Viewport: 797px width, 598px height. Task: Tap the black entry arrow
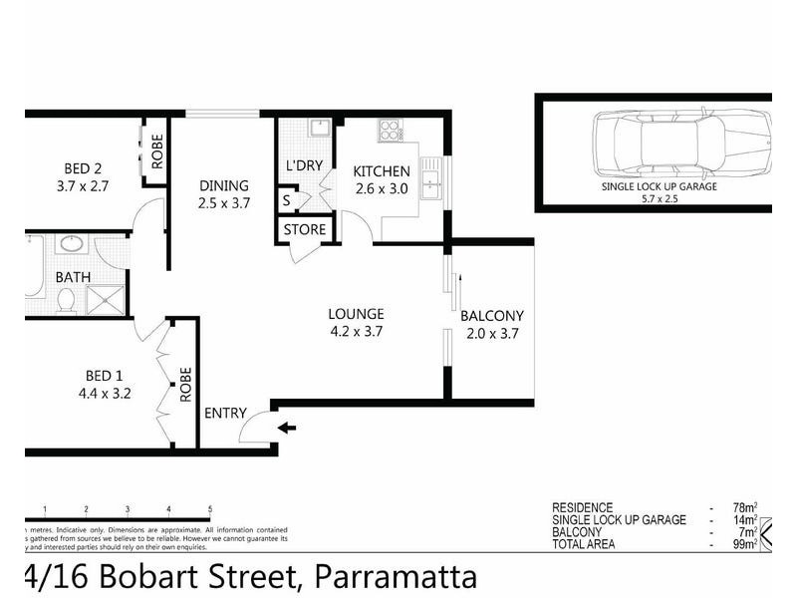287,429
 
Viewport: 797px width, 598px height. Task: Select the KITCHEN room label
382,171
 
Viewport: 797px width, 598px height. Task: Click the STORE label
305,229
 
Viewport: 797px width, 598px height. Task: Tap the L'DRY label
303,165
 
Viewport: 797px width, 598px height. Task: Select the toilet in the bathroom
67,299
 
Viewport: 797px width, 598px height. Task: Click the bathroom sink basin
71,244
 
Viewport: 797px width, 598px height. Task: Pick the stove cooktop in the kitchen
389,130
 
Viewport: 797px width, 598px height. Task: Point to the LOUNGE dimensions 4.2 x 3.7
356,331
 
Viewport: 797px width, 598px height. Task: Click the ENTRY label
224,414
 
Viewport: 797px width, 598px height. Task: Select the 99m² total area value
740,544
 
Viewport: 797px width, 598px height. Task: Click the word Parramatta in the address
396,577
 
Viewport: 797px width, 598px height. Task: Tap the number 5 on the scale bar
210,508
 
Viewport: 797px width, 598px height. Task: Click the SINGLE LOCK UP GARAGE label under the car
659,186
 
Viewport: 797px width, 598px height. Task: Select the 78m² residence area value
740,507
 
